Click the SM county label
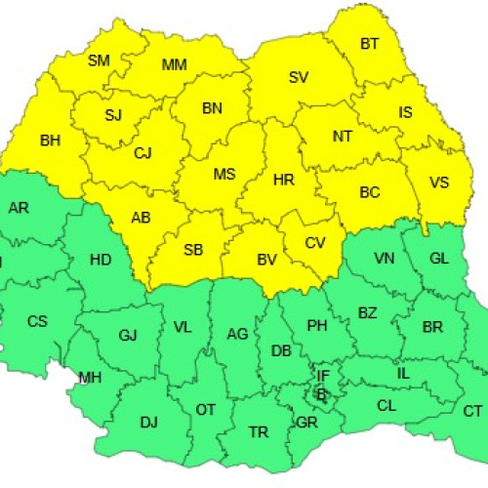[x=99, y=61]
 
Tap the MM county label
[x=174, y=65]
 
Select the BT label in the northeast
[x=370, y=44]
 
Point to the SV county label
[x=299, y=78]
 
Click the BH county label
[x=50, y=141]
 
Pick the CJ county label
[x=143, y=152]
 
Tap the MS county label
[x=224, y=175]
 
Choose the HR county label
[x=284, y=181]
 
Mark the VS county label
[x=439, y=183]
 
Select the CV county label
[x=315, y=243]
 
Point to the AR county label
[x=19, y=208]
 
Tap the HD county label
[x=100, y=261]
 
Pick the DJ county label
[x=148, y=422]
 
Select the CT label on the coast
[x=472, y=411]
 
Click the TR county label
[x=259, y=431]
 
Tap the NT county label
[x=342, y=137]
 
